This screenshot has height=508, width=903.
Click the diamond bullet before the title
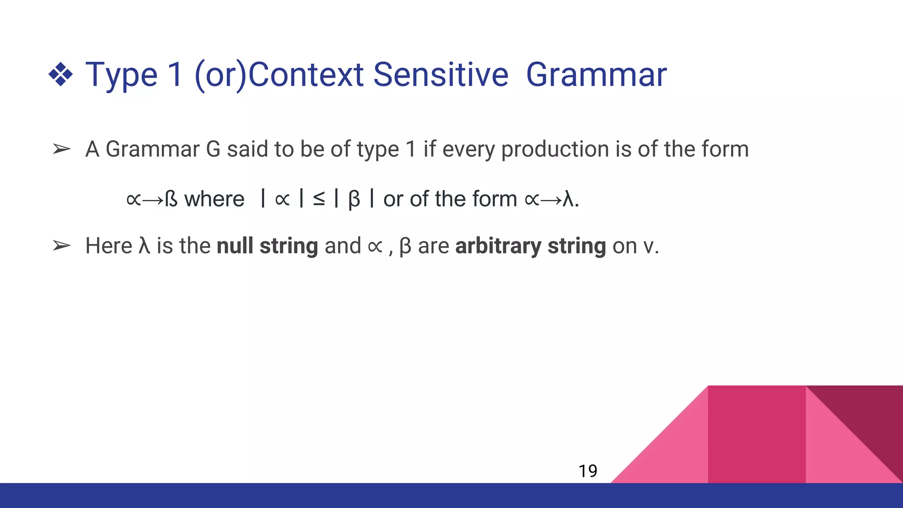61,74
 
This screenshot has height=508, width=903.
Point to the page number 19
588,471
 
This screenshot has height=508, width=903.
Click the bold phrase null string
267,246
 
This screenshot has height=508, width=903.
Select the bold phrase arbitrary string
530,246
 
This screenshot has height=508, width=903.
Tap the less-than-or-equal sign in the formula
319,199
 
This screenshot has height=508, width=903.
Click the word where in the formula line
214,199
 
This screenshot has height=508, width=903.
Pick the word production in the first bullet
555,149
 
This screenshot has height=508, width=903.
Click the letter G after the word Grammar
213,149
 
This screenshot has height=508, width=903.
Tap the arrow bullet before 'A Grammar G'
61,149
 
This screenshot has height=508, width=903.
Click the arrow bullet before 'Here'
61,246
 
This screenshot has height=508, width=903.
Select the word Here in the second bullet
108,246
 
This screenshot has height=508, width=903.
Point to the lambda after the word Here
144,246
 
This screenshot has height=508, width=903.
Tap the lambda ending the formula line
568,199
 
